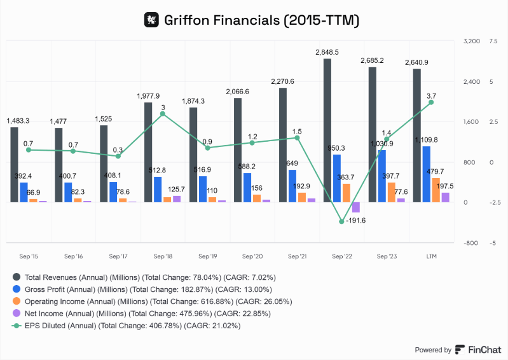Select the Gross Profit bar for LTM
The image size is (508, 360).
pos(426,174)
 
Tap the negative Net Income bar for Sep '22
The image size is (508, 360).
pos(355,207)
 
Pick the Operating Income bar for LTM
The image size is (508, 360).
pos(436,190)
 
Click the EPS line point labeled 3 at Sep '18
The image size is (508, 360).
pos(163,114)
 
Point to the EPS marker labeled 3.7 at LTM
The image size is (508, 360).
pos(431,102)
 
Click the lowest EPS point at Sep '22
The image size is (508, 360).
pos(341,221)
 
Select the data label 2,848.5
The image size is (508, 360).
pos(327,52)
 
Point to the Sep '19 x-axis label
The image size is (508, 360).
pos(207,256)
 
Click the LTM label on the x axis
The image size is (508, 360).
pos(430,256)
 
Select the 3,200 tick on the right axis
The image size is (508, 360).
pos(471,41)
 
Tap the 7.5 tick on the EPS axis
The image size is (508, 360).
pos(493,41)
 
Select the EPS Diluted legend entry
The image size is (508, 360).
pos(134,326)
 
